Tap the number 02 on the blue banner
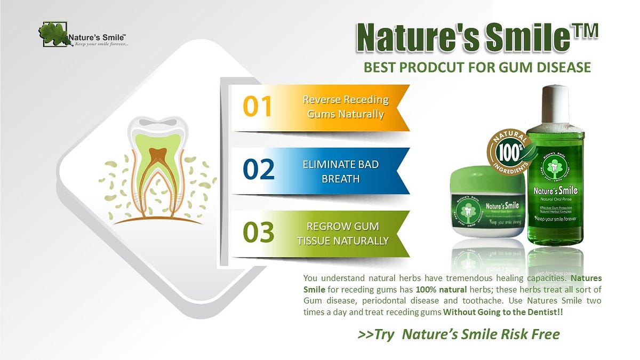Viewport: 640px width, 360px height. (259, 170)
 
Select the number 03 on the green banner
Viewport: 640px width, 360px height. (259, 233)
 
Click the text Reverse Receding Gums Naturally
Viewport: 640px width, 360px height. (346, 107)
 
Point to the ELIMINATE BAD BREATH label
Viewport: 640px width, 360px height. (340, 171)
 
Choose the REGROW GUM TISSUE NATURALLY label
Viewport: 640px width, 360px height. (343, 234)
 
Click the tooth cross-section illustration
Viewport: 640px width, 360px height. (158, 168)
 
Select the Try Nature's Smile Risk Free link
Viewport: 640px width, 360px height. (459, 334)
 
